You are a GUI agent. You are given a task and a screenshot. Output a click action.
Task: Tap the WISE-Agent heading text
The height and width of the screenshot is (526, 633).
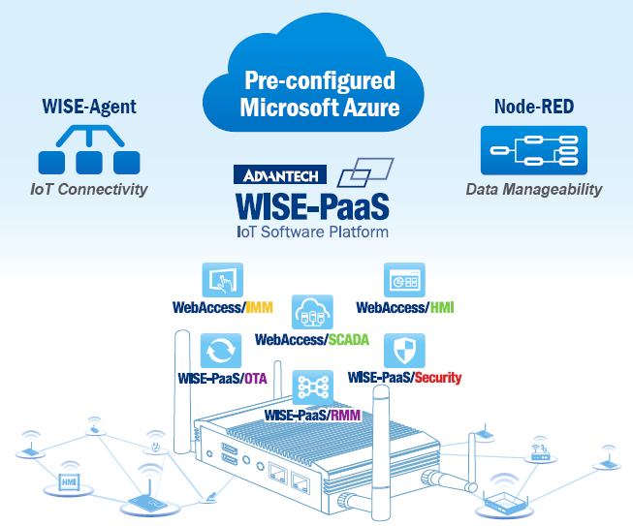point(88,106)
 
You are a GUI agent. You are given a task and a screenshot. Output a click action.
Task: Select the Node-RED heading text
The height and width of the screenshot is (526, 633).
point(532,106)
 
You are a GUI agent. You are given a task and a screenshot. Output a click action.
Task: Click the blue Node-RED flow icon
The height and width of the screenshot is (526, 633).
point(532,150)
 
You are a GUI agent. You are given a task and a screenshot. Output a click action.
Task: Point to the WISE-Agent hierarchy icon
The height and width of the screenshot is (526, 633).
point(82,150)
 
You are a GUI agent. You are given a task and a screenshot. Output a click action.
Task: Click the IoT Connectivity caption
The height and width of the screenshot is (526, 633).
point(88,189)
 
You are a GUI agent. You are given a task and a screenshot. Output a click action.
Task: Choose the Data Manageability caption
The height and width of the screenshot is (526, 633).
point(532,189)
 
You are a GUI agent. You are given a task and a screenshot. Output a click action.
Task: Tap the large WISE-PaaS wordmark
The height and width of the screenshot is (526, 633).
point(312,207)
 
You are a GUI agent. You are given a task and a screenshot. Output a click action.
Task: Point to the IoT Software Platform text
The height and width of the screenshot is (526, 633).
point(312,232)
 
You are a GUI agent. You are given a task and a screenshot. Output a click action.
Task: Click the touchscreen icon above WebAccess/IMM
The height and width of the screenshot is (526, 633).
point(222,280)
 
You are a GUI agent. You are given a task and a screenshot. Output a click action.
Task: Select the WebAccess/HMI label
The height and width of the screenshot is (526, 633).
point(405,308)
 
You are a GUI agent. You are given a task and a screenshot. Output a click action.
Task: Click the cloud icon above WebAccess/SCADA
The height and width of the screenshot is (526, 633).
point(312,313)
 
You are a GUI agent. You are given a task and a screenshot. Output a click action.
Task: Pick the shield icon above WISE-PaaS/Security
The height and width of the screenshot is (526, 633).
point(403,349)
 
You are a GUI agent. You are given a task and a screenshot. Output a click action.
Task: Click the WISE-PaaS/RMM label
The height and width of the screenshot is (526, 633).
point(312,416)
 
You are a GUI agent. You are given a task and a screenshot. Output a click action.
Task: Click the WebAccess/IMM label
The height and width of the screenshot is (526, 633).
point(222,308)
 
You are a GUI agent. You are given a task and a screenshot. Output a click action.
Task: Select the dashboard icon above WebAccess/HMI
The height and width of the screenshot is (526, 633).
point(404,280)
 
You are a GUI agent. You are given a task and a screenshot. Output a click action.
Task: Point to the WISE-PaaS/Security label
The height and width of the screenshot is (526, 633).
point(404,377)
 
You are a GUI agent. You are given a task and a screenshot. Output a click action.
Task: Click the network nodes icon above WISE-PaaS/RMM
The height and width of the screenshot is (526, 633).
point(312,387)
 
